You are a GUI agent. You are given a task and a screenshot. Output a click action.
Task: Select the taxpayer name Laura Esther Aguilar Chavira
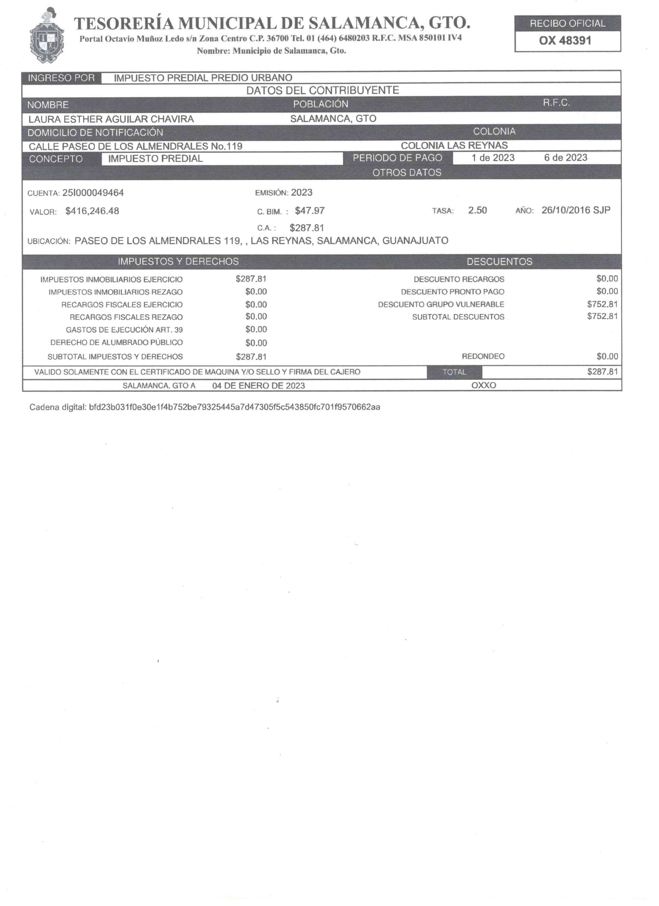pos(111,119)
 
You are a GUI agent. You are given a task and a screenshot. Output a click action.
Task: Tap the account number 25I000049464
pos(93,193)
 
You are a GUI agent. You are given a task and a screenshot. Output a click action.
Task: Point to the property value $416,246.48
pos(92,211)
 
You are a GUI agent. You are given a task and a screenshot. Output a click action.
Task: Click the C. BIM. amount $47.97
pos(309,211)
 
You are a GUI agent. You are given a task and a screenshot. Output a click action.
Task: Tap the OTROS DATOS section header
pos(407,173)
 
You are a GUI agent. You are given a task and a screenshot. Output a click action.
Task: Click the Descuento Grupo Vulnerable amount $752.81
pos(602,304)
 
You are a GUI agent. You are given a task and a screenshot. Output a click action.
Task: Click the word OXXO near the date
pos(483,385)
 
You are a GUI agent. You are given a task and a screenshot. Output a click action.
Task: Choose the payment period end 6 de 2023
pos(565,158)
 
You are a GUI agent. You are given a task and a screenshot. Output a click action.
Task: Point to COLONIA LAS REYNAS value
pos(454,145)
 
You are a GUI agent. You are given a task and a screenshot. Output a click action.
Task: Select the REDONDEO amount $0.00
pos(607,356)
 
